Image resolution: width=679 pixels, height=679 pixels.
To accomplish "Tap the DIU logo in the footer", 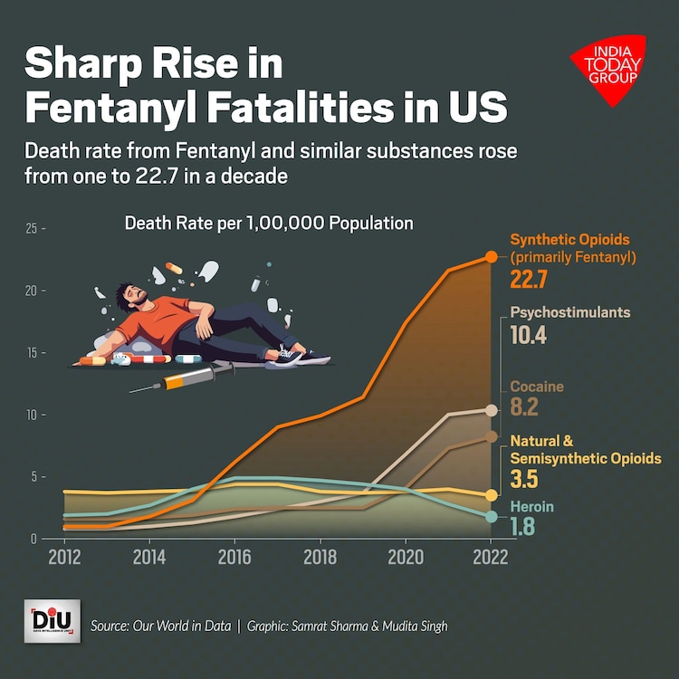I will (x=52, y=621).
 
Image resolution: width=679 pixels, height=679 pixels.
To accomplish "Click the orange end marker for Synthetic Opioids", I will (x=492, y=257).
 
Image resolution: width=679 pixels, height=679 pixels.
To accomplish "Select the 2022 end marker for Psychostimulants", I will (x=492, y=410).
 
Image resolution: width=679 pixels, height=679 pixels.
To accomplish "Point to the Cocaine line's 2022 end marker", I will (x=492, y=436).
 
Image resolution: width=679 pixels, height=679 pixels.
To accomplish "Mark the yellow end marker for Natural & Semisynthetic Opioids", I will (x=492, y=495).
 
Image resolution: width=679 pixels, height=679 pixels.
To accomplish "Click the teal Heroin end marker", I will (x=492, y=516).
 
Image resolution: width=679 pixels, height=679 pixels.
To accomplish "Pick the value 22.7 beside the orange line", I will (x=529, y=279).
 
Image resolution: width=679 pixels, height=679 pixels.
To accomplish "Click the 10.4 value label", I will (x=530, y=337).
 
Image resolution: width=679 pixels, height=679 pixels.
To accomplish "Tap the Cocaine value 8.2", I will (x=525, y=408).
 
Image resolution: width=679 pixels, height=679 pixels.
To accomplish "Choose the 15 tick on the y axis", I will (x=33, y=353).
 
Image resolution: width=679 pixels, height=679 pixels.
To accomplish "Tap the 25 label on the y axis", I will (x=33, y=229).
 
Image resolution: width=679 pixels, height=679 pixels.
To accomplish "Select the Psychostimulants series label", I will (x=570, y=312).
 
